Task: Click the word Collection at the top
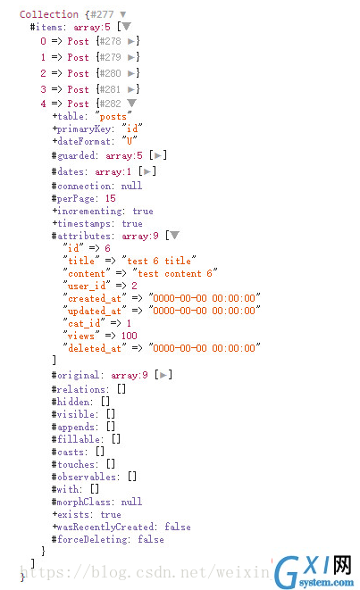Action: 49,14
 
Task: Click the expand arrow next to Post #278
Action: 130,41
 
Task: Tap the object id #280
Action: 110,73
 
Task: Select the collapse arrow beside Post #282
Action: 131,103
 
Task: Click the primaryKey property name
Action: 84,129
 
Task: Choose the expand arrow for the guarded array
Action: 158,155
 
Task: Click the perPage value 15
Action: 111,198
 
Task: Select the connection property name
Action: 84,186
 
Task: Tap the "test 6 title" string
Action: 159,261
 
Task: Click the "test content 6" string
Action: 175,273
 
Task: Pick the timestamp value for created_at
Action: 205,298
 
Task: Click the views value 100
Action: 130,336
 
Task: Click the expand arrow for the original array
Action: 163,375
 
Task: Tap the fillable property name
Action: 79,439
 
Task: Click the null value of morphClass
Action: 131,502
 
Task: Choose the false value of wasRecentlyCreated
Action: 178,527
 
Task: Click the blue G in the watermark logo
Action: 287,572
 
